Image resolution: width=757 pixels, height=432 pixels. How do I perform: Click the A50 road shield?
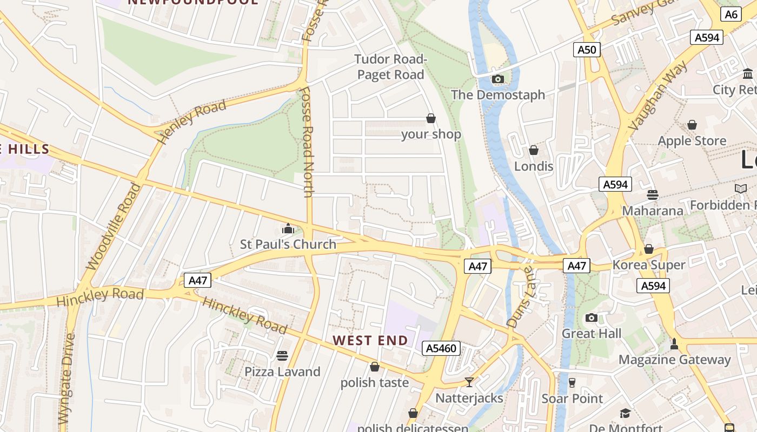(587, 50)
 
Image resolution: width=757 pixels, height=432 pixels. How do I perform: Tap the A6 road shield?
(731, 15)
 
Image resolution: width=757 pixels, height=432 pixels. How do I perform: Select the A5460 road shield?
(441, 348)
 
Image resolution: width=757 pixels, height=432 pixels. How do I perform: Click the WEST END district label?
(370, 341)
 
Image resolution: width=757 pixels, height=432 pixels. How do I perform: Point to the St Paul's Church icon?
(288, 229)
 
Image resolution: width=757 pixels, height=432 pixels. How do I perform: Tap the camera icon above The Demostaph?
(498, 79)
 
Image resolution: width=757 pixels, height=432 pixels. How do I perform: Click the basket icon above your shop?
(431, 118)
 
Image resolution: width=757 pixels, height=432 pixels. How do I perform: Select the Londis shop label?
(534, 166)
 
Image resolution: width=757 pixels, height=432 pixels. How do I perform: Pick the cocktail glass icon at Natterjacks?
(469, 382)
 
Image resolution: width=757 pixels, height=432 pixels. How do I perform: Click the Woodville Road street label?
(114, 227)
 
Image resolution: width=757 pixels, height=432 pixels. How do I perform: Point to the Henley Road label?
(191, 122)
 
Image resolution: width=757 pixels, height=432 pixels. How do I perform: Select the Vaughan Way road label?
(659, 96)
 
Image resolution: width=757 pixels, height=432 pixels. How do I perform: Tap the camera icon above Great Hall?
(592, 318)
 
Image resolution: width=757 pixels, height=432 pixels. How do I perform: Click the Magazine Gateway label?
(674, 360)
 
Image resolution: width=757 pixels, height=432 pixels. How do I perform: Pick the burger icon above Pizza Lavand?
(282, 355)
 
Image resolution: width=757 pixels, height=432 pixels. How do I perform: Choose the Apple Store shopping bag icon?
(692, 125)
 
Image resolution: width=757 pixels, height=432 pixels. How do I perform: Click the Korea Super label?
(649, 265)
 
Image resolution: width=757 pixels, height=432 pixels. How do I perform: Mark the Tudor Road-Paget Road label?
(390, 67)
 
